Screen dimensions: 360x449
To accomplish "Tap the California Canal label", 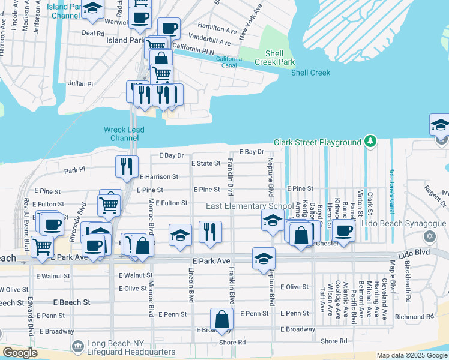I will click(x=229, y=62).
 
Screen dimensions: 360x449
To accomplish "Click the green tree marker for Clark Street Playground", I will click(x=371, y=142).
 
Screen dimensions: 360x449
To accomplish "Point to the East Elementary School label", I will click(x=250, y=206).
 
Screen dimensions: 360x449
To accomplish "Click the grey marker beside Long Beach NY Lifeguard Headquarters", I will click(x=77, y=347).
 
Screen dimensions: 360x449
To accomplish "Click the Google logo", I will click(x=20, y=353).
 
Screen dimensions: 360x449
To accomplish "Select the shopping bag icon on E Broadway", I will click(x=222, y=319).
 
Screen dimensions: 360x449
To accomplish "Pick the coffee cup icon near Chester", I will click(x=343, y=230).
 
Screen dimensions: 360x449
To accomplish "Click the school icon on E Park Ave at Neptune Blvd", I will click(x=263, y=258).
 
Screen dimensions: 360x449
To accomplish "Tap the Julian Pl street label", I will click(x=81, y=84).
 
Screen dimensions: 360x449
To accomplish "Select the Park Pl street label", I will click(x=74, y=170).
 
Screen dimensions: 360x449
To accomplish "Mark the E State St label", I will click(x=206, y=163).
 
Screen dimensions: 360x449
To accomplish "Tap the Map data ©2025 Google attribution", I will click(x=411, y=355).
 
